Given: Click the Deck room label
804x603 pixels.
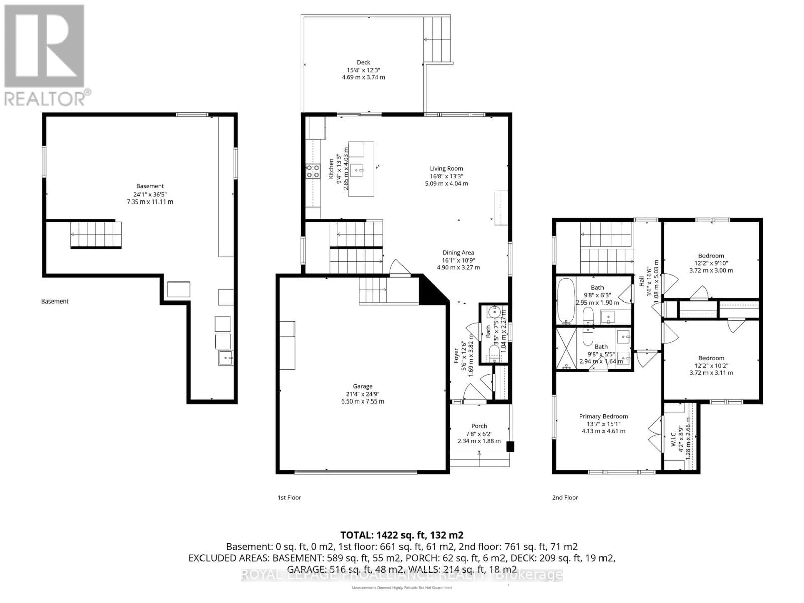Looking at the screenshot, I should (x=363, y=63).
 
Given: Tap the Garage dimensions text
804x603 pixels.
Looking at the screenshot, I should (x=362, y=401).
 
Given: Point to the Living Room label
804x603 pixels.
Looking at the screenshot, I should (x=446, y=169).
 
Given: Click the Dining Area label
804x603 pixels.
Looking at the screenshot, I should (x=458, y=253).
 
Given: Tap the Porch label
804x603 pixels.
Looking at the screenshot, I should (x=479, y=426).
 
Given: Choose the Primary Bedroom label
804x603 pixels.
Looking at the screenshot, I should (x=603, y=416).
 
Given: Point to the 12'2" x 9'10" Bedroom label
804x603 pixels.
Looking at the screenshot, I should (x=711, y=256).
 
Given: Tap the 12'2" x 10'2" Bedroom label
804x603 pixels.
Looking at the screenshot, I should (x=711, y=358).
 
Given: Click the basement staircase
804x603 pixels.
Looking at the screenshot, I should (x=95, y=235).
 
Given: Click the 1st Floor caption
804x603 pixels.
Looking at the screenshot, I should (x=289, y=497).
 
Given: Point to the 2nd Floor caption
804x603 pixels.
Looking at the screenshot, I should (x=565, y=497).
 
